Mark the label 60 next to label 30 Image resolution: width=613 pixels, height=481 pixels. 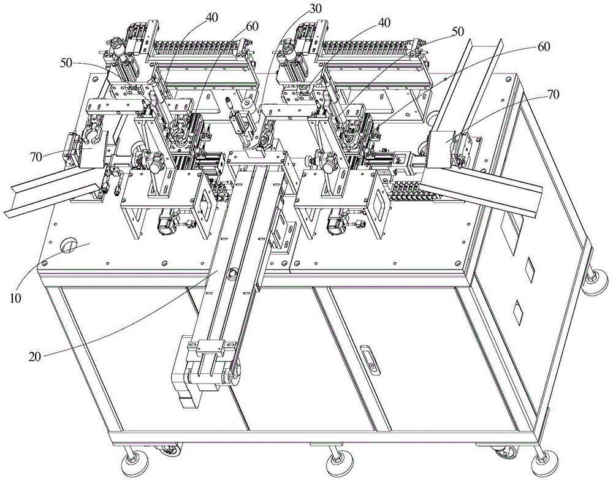point(252,26)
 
